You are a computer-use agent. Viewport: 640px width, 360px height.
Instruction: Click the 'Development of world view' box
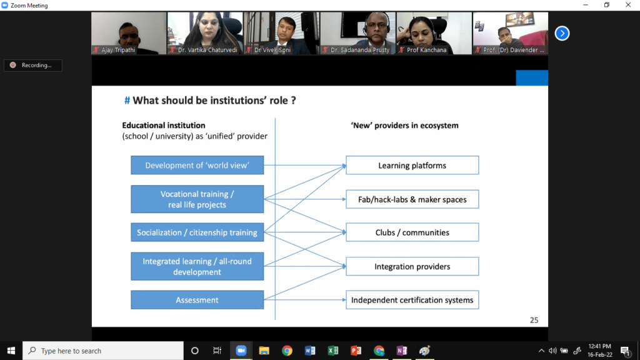tap(197, 166)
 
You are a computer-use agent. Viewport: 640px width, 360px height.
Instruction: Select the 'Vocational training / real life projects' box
tap(197, 199)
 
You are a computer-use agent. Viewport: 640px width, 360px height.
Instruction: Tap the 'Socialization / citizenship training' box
tap(197, 232)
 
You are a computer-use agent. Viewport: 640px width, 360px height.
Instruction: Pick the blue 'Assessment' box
tap(197, 300)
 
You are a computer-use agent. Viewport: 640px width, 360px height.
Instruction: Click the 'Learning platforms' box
tap(412, 166)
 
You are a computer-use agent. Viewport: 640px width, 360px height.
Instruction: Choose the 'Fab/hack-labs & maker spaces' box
tap(412, 199)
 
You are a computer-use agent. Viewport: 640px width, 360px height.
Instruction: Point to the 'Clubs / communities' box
tap(412, 232)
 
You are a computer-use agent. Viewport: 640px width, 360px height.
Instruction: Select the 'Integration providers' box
tap(412, 267)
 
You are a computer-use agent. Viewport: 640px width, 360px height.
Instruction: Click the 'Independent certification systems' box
tap(412, 300)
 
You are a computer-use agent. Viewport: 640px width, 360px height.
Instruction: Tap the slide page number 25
tap(534, 320)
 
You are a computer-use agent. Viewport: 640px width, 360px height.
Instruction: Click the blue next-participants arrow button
tap(562, 33)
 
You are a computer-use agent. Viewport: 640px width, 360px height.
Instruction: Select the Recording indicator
tap(33, 65)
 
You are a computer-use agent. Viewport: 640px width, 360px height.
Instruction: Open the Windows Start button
tap(11, 351)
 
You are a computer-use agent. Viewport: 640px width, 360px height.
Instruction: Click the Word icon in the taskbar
tap(310, 351)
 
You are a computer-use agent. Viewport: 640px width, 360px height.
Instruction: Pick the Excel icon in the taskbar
tap(333, 351)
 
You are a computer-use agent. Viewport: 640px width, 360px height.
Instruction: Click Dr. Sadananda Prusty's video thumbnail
tap(358, 33)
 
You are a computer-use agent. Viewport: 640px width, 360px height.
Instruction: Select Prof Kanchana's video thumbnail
tap(434, 33)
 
